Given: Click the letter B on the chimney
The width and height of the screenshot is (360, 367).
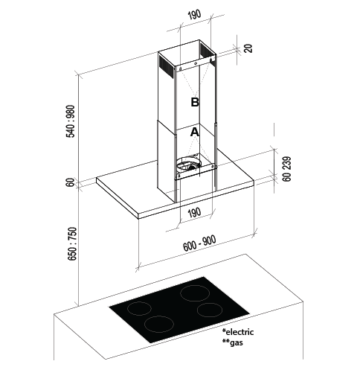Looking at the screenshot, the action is (195, 102).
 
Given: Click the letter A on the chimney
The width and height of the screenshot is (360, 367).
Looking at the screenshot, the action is (195, 132).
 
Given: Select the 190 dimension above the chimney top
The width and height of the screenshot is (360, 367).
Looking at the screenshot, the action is (194, 15).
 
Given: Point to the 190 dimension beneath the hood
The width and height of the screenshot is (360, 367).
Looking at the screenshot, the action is (194, 213).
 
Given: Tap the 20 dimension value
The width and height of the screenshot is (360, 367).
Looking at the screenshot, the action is (248, 48).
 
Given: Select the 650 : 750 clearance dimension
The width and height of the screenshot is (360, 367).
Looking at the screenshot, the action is (72, 243).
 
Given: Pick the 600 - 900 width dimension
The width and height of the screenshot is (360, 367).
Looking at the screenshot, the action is (199, 243).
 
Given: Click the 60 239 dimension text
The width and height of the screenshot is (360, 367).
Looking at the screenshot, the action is (286, 169).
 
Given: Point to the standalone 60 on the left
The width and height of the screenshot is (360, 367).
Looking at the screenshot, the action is (71, 182).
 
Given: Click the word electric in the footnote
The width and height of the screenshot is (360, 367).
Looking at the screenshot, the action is (240, 332).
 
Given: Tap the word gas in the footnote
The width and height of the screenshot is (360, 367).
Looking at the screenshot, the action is (237, 342).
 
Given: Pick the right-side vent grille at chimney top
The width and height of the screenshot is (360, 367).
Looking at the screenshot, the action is (208, 51).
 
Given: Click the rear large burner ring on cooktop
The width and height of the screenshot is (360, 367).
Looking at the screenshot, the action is (195, 293).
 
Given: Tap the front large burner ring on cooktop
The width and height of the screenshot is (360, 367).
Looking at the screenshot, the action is (159, 324).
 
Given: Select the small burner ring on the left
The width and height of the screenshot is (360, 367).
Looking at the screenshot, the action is (139, 308).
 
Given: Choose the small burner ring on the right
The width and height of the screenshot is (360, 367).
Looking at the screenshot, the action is (210, 310).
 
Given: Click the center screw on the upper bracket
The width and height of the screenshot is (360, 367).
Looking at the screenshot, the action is (196, 63).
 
